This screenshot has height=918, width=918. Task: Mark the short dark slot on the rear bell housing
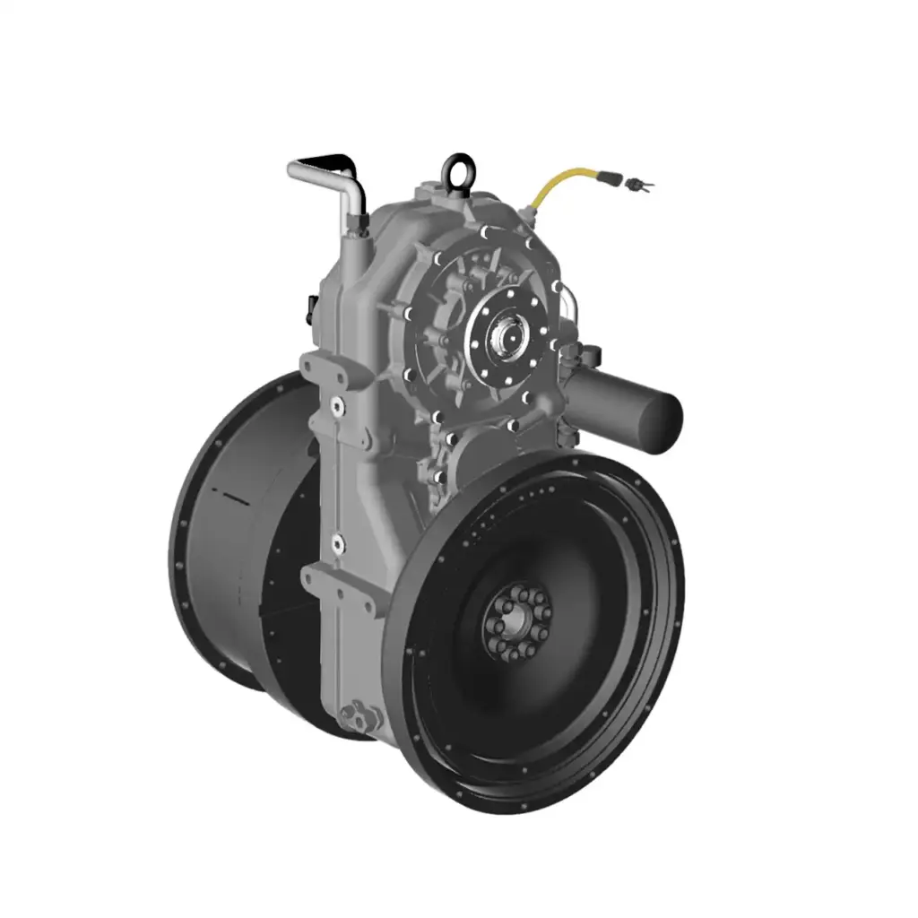[x=230, y=496]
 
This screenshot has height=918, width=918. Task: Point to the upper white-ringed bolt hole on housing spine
[x=337, y=406]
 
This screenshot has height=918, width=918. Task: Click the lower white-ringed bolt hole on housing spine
[x=337, y=541]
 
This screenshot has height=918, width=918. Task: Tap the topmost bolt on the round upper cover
[x=484, y=233]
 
